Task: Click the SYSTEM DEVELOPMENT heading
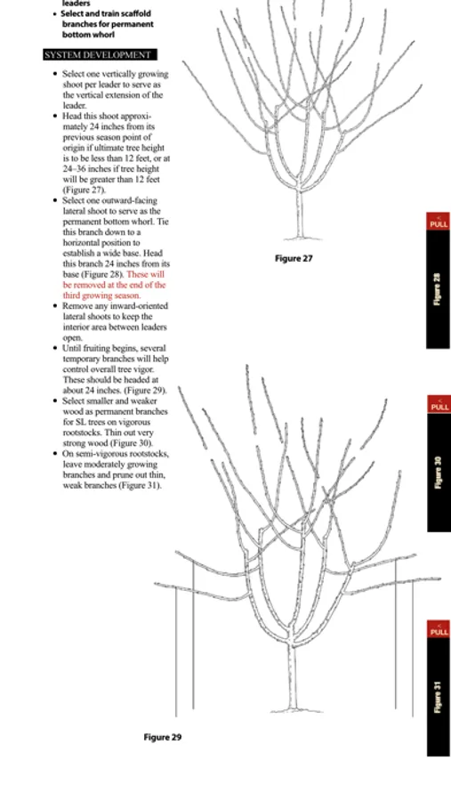point(101,55)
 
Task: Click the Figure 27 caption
point(294,258)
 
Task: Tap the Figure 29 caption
point(163,737)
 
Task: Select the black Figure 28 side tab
point(439,289)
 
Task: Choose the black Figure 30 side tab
point(439,472)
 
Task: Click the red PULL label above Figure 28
point(439,222)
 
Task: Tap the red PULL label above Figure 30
point(439,404)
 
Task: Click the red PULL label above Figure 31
point(439,629)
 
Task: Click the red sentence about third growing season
point(115,285)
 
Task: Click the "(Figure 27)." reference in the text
point(85,190)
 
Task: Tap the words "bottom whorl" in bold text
point(88,35)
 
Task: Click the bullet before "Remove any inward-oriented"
point(55,306)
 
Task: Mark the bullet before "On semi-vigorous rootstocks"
point(55,454)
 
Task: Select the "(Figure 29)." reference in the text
point(146,391)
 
